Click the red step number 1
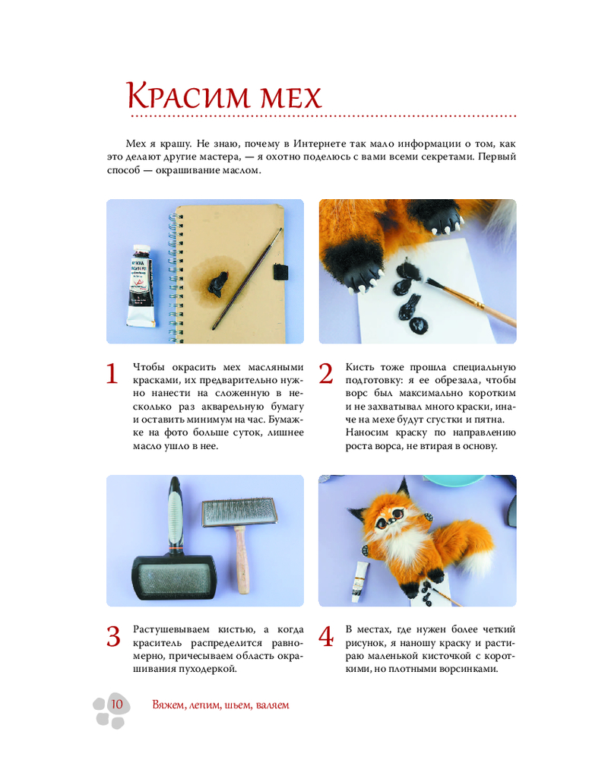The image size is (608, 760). pyautogui.click(x=112, y=374)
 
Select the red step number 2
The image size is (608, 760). pyautogui.click(x=326, y=374)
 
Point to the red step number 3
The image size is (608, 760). pyautogui.click(x=113, y=636)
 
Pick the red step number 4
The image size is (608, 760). pyautogui.click(x=326, y=636)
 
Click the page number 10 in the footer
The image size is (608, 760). pyautogui.click(x=117, y=704)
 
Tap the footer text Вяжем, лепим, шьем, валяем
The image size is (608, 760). pyautogui.click(x=220, y=705)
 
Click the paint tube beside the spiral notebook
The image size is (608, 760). pyautogui.click(x=141, y=286)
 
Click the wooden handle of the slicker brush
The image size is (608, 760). pyautogui.click(x=242, y=561)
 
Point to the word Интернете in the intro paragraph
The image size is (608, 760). pyautogui.click(x=320, y=144)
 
